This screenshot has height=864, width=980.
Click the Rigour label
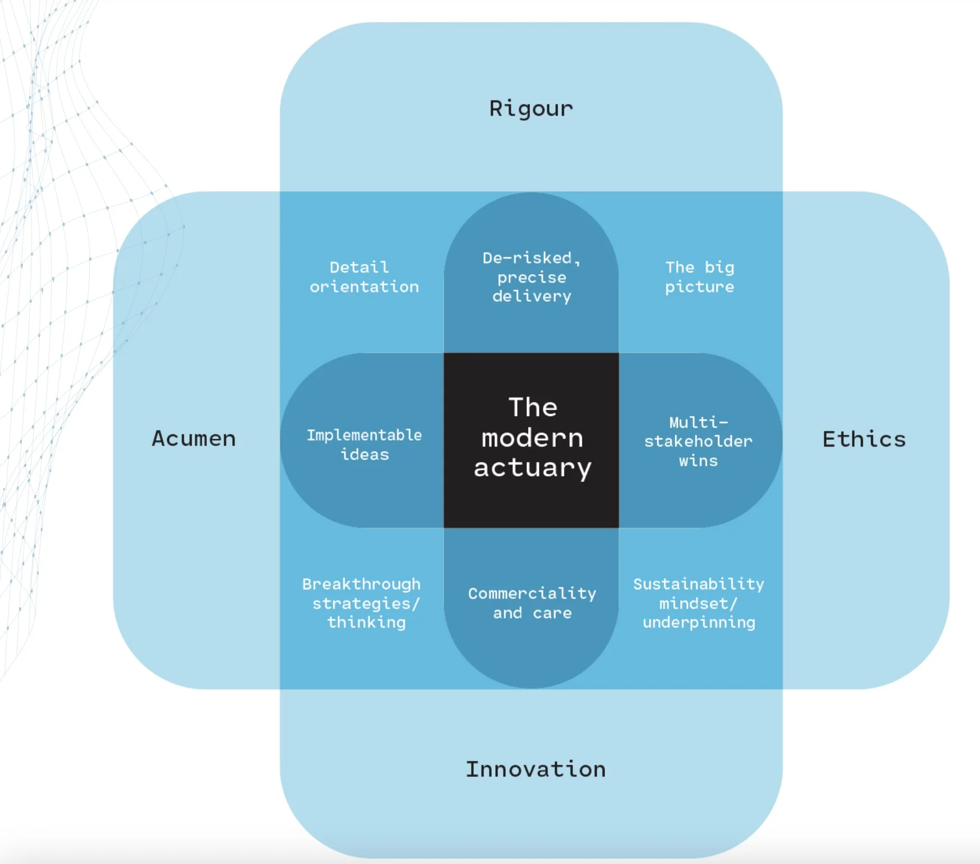pyautogui.click(x=531, y=108)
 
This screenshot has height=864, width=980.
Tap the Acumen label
pyautogui.click(x=194, y=439)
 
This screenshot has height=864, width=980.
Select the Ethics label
pyautogui.click(x=864, y=439)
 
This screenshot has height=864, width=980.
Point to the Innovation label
pyautogui.click(x=536, y=769)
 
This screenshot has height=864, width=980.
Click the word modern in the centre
pyautogui.click(x=532, y=438)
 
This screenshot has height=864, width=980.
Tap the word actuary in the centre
pyautogui.click(x=532, y=468)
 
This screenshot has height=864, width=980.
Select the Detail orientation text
pyautogui.click(x=364, y=277)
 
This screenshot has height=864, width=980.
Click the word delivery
pyautogui.click(x=532, y=296)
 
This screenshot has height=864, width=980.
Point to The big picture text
pyautogui.click(x=700, y=277)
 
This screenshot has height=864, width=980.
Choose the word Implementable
pyautogui.click(x=364, y=435)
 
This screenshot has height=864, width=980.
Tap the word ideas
pyautogui.click(x=365, y=454)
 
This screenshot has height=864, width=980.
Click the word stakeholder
pyautogui.click(x=698, y=442)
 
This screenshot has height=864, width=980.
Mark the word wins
pyautogui.click(x=698, y=461)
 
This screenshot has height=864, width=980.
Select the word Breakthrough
pyautogui.click(x=361, y=584)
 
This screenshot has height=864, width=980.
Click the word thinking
pyautogui.click(x=366, y=622)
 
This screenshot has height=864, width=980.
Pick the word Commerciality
pyautogui.click(x=532, y=593)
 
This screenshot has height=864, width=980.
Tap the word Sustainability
pyautogui.click(x=698, y=584)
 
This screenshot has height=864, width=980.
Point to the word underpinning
pyautogui.click(x=698, y=622)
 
